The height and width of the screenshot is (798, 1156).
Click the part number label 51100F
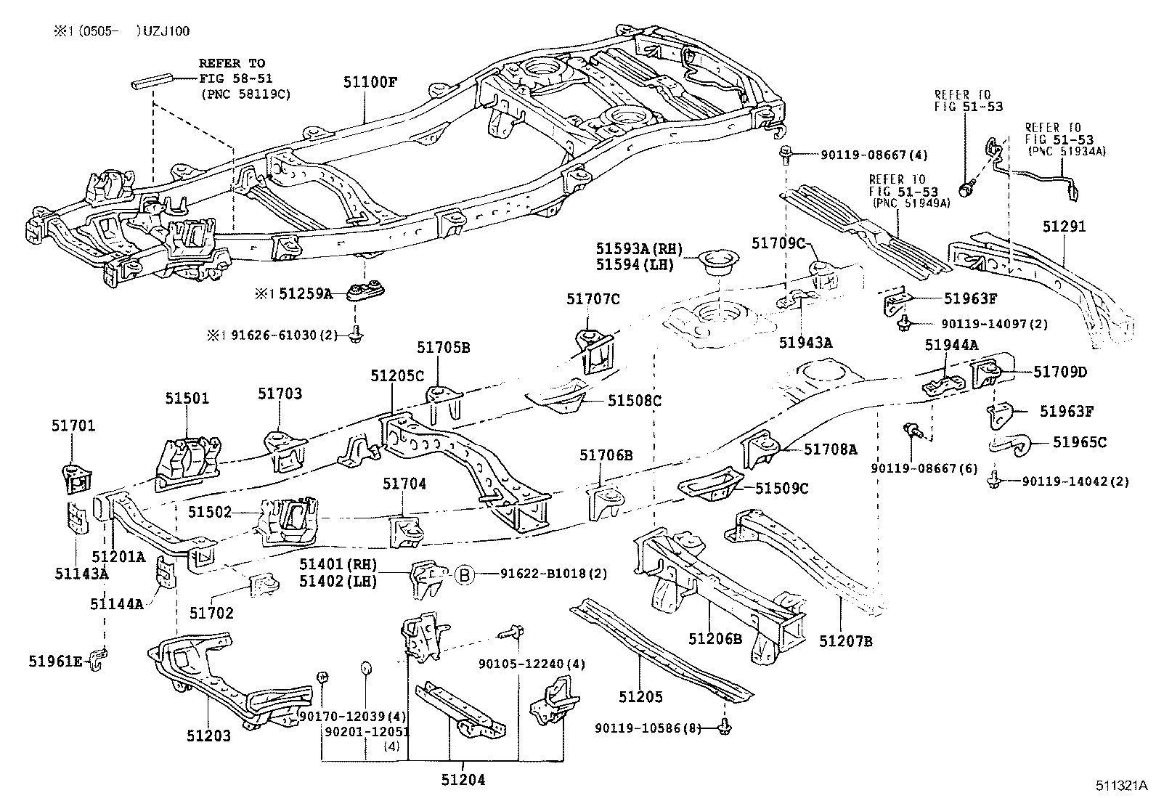[370, 82]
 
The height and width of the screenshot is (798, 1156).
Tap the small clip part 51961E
[99, 658]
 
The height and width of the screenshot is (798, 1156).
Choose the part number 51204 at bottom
[463, 780]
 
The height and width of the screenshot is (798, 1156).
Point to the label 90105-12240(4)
[532, 664]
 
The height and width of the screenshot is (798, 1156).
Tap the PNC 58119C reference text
[245, 94]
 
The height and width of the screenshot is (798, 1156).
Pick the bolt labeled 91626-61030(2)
[355, 335]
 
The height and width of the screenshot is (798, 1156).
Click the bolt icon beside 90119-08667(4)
[787, 153]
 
